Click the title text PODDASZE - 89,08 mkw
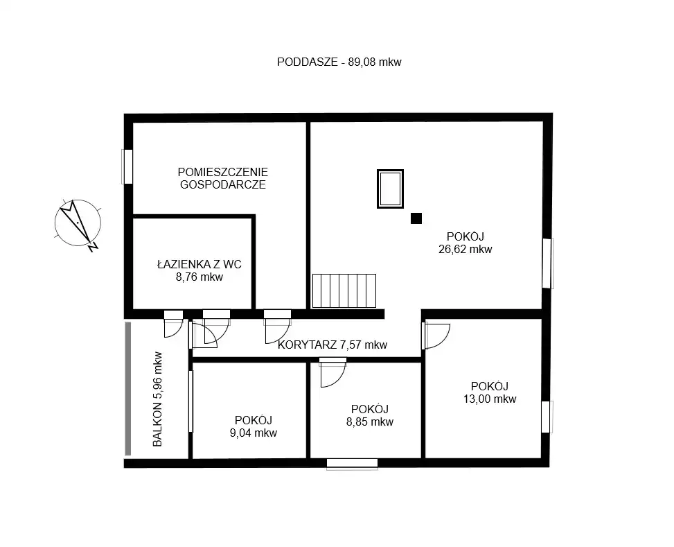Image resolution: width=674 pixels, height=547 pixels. (339, 62)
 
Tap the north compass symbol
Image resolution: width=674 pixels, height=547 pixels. (78, 224)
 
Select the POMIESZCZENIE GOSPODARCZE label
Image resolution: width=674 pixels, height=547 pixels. (222, 178)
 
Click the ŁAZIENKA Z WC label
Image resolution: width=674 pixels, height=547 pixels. (199, 264)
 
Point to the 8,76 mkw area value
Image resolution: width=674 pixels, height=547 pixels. (199, 277)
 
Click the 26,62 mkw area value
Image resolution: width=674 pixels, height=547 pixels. (465, 249)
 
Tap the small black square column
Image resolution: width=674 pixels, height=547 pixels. (416, 218)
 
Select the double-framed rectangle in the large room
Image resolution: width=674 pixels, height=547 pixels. (390, 189)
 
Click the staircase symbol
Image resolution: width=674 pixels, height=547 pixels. (344, 291)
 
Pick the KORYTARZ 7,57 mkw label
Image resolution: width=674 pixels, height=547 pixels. (332, 345)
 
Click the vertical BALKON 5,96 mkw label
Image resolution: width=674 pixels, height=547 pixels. (158, 399)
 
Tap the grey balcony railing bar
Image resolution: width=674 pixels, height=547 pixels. (127, 389)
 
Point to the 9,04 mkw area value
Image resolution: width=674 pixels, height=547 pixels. (253, 433)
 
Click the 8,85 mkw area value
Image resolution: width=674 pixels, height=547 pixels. (370, 422)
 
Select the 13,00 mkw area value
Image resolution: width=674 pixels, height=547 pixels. (490, 399)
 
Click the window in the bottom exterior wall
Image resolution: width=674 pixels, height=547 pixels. (352, 464)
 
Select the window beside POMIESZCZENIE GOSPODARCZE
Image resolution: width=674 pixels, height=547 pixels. (127, 166)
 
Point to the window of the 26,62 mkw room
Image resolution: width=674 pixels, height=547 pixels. (547, 263)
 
